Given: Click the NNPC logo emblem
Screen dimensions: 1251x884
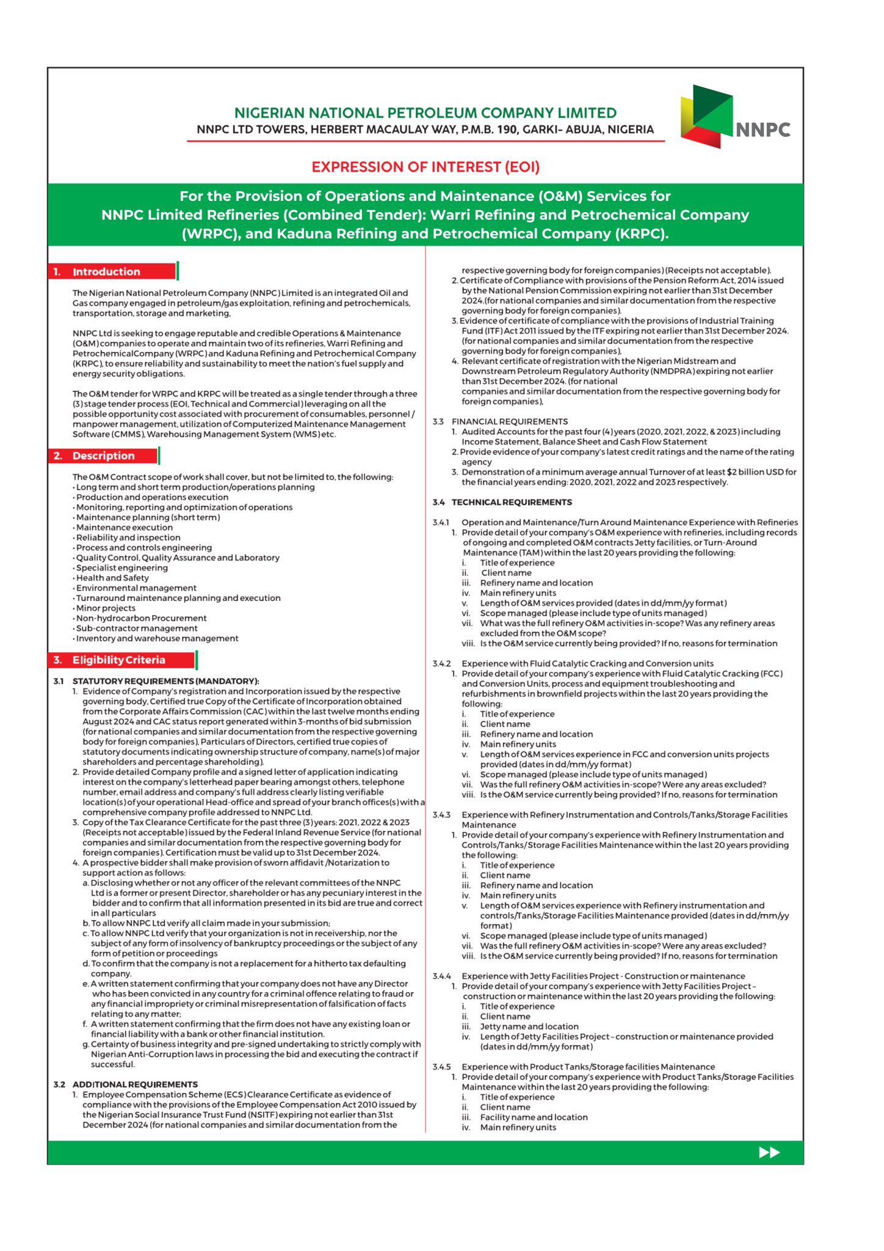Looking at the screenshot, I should coord(707,116).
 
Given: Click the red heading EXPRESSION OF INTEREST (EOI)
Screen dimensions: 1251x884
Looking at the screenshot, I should coord(426,167).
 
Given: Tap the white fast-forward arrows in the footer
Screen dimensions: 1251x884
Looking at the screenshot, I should coord(769,1152).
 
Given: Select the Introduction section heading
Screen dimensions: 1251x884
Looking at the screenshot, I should coord(106,272).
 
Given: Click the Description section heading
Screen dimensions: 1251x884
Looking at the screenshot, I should coord(103,456).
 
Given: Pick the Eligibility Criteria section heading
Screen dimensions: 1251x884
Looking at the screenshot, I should coord(118,660).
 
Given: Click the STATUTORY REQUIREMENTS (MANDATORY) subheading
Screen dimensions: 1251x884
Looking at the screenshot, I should coord(165,681).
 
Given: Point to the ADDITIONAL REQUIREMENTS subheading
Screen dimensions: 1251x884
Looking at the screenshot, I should coord(135,1084).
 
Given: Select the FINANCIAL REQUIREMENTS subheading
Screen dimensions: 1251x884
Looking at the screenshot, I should coord(509,421).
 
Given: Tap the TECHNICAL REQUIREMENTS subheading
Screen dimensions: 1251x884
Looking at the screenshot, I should coord(512,502).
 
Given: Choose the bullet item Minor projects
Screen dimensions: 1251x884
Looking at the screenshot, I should coord(106,608).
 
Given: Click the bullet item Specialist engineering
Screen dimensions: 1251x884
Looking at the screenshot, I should coord(121,567).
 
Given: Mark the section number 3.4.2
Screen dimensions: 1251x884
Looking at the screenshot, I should coord(441,663).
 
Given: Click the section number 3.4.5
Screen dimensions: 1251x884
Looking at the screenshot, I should coord(441,1067).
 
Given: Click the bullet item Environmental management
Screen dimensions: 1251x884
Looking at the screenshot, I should coord(136,588).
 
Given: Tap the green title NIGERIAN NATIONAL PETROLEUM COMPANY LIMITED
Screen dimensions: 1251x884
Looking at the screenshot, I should coord(426,113).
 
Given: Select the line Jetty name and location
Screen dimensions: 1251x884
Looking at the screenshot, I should coord(529,1027).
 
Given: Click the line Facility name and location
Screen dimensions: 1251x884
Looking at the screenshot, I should coord(534,1117).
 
